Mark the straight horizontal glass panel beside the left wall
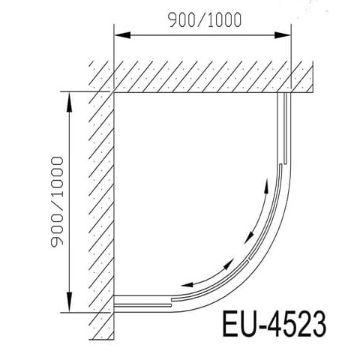point(142,302)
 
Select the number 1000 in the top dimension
point(224,20)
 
